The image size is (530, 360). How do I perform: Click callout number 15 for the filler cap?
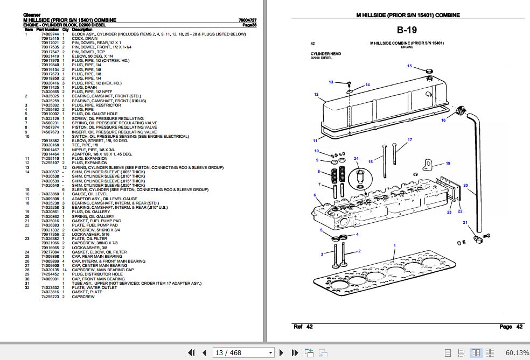point(409,66)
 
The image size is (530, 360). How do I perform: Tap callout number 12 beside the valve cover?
point(317,95)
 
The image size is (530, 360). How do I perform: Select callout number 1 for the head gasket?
point(394,245)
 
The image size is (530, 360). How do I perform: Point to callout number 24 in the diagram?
point(356,158)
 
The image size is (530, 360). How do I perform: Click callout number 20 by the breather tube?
point(465,186)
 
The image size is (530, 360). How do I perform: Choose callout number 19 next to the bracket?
point(448,163)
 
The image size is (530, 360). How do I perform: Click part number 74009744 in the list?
point(50,34)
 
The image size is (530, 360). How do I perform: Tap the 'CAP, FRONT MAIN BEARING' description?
point(98,279)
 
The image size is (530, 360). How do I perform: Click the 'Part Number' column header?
point(48,29)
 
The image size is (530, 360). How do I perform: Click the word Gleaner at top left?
point(32,15)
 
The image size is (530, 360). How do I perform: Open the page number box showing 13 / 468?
point(243,353)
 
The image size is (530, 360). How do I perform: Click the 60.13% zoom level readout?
point(517,353)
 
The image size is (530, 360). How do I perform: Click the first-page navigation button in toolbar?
point(191,353)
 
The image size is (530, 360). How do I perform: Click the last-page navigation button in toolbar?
point(294,353)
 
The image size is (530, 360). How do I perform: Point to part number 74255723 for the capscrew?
point(50,297)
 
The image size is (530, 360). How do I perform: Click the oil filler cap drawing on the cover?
point(429,72)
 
